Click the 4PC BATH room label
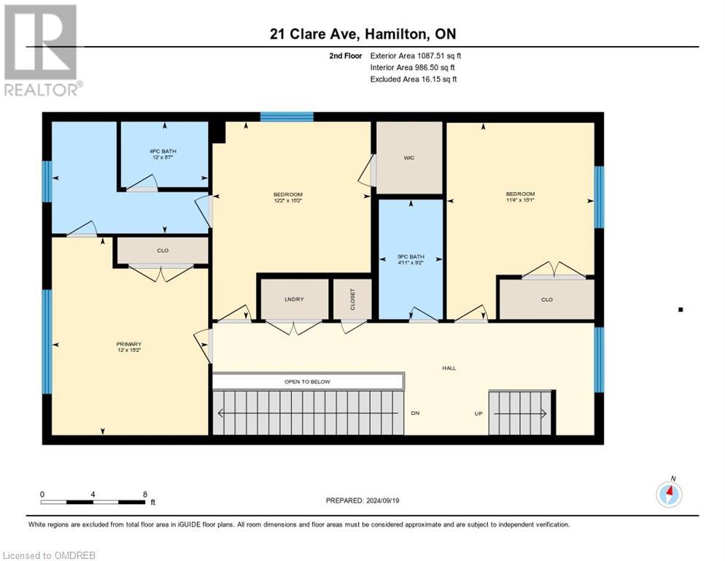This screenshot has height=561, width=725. pos(163,151)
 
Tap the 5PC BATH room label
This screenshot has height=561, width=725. pos(410,257)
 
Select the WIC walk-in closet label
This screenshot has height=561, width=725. pos(409,158)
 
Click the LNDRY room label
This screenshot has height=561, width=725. pos(294,299)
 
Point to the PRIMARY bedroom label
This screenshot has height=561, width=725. pos(128,344)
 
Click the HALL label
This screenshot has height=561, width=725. pos(449,367)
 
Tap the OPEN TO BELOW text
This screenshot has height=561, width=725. pos(307,381)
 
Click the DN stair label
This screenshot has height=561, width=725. pos(415,413)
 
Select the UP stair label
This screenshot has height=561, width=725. pos(478,413)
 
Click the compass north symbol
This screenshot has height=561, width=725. pos(669,494)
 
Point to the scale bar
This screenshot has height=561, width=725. pos(93,502)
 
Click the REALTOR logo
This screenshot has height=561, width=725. pos(41,50)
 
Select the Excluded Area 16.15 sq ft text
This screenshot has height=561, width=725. pos(414,79)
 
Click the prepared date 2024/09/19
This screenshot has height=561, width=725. pos(362,500)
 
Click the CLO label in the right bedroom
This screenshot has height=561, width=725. pos(546,299)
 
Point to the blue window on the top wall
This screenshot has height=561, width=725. pos(287,116)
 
